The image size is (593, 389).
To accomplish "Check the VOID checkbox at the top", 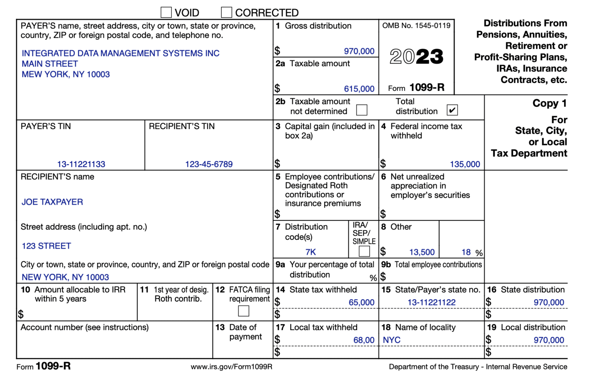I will [x=166, y=12].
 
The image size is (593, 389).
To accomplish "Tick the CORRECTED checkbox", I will [x=227, y=12].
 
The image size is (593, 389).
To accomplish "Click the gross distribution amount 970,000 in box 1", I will [x=359, y=51].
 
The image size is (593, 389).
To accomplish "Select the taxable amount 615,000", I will [x=359, y=89].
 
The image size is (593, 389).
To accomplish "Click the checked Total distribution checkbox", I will [x=452, y=110].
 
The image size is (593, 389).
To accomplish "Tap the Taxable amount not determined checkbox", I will [x=362, y=110].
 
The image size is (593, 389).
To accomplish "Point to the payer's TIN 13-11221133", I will [x=81, y=164].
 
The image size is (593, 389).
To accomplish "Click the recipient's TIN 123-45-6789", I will [x=209, y=164].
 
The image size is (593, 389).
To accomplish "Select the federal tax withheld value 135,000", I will [x=465, y=164].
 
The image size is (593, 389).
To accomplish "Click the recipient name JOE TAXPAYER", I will [x=52, y=202].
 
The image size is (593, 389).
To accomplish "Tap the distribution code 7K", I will [x=310, y=252].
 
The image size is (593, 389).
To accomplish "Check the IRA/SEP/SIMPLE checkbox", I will [x=364, y=251].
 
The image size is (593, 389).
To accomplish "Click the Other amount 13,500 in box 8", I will [x=422, y=252].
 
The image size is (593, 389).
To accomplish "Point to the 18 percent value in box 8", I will [x=466, y=252].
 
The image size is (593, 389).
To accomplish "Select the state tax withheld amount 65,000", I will [x=361, y=303].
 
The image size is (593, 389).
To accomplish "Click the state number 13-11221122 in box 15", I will [x=431, y=303].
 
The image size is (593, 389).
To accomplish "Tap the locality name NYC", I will [x=391, y=340].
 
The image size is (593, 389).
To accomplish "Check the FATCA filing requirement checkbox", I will [x=244, y=311].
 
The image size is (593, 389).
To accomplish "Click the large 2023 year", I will [x=416, y=57].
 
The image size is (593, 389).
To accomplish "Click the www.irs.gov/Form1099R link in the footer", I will [x=231, y=367].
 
